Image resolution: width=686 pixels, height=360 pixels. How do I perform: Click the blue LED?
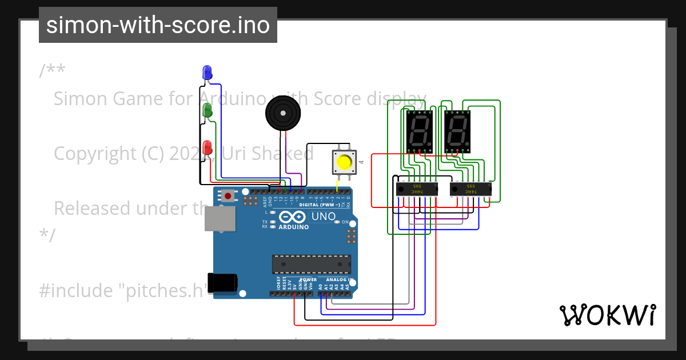[207, 73]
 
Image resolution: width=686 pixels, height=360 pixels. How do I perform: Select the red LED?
[207, 146]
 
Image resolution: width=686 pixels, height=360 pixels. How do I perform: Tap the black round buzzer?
[282, 113]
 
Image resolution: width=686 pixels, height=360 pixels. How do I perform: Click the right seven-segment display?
[457, 131]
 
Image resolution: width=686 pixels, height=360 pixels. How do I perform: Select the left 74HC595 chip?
[417, 188]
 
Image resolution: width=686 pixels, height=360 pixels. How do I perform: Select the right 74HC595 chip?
[471, 188]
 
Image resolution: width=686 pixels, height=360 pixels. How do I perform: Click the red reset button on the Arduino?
[228, 196]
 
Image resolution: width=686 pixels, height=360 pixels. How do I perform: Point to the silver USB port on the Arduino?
[220, 219]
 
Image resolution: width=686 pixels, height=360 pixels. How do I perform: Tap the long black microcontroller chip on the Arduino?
[312, 264]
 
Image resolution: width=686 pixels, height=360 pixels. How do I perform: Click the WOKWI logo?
[607, 315]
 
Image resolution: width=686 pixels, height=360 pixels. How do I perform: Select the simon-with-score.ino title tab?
[158, 25]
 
